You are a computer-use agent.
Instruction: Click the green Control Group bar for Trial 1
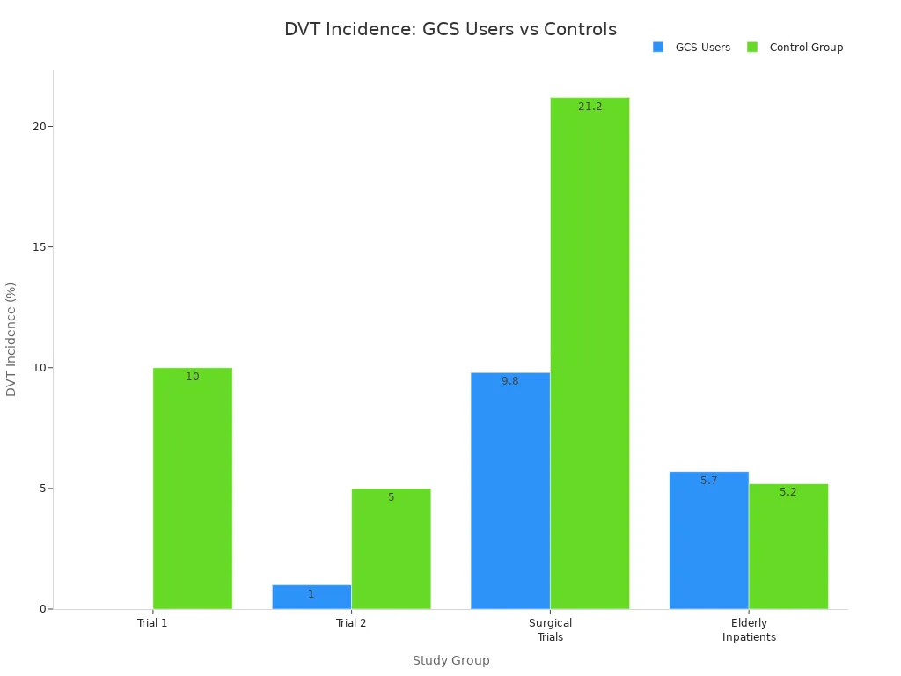[193, 489]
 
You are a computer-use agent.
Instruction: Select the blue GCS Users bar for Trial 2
[311, 597]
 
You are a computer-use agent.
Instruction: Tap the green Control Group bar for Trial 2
[391, 548]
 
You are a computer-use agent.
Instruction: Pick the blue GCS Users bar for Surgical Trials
[510, 490]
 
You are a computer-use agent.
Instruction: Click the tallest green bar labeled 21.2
[590, 353]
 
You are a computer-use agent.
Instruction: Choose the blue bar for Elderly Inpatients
[708, 540]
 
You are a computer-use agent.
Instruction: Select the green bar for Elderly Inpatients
[788, 546]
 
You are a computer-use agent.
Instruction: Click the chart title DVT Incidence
[450, 29]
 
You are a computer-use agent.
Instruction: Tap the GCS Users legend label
[702, 48]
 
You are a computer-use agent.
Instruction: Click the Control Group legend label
[806, 48]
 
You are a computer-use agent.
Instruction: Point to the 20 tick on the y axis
[38, 126]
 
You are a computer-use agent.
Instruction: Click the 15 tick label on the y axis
[38, 247]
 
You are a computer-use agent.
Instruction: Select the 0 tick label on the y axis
[41, 609]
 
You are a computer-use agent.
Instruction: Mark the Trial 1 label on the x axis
[152, 623]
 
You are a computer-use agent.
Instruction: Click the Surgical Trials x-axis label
[550, 630]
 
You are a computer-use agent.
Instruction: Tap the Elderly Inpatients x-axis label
[749, 630]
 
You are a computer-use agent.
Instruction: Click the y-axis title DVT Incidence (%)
[11, 339]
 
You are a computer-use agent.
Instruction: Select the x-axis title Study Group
[450, 660]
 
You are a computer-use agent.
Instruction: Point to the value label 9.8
[510, 381]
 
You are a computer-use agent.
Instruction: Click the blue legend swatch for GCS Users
[658, 48]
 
